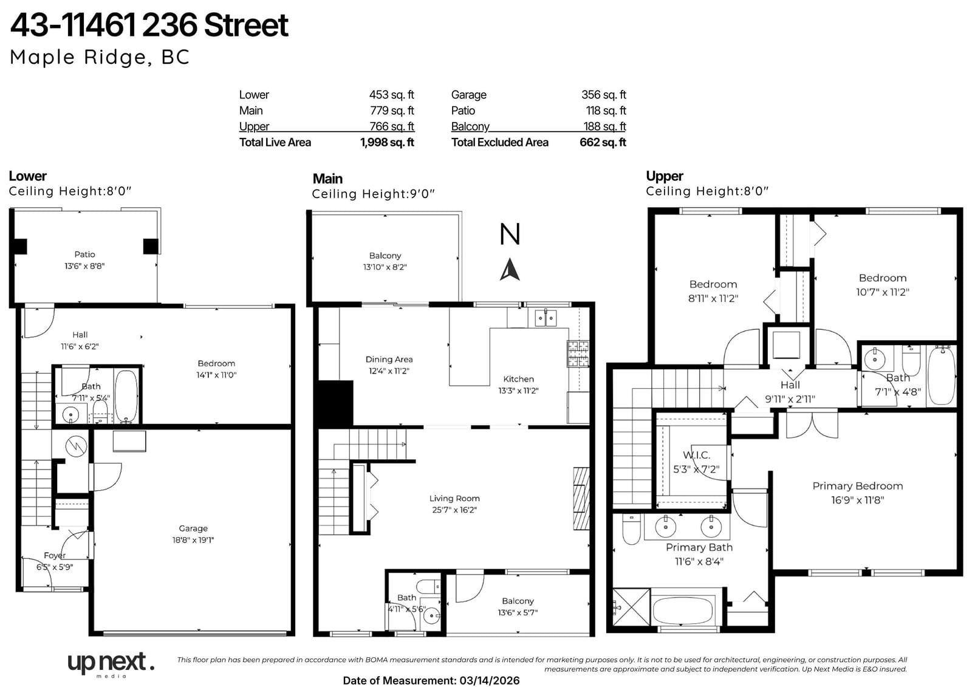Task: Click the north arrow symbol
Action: (510, 270)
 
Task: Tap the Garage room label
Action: (193, 528)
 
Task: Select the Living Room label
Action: (454, 498)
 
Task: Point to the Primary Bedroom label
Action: (857, 485)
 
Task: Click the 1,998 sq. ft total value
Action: (387, 142)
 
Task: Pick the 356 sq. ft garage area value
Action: (604, 95)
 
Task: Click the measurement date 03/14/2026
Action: (490, 680)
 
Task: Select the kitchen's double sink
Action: (546, 318)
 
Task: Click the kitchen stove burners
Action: (578, 354)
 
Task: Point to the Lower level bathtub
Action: (126, 395)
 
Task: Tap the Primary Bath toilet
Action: (631, 529)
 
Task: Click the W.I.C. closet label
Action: (696, 455)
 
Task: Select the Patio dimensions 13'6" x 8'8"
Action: (84, 266)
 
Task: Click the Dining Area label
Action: (389, 360)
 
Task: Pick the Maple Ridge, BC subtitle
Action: (100, 57)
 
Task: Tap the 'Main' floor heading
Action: (327, 179)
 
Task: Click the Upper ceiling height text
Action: (707, 191)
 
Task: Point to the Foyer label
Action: (55, 556)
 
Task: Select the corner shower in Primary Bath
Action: (631, 607)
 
